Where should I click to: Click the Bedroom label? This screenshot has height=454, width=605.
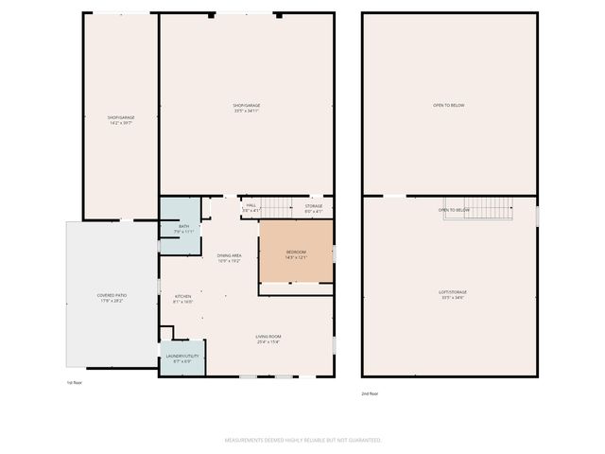point(296,252)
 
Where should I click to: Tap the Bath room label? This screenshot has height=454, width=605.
point(184,227)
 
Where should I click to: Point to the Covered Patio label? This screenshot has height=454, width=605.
point(112,295)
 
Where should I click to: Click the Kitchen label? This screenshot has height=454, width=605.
point(182,297)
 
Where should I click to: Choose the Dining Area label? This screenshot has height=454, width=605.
point(230,255)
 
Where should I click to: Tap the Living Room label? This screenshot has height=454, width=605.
point(268,337)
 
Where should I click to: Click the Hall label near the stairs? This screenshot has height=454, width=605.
point(251,204)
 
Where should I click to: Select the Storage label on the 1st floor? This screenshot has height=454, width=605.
point(314,205)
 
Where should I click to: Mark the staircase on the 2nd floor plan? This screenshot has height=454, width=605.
point(493,208)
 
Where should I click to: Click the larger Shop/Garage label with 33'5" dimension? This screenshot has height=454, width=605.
point(247,105)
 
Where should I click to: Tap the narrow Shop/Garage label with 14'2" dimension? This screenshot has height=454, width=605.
point(121,117)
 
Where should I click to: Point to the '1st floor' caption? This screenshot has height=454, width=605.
point(75,382)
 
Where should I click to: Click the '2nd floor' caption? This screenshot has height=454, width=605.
point(371,393)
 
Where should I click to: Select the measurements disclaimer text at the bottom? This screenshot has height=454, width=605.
point(302,440)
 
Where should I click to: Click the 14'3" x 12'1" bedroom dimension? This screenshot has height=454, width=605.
point(296,257)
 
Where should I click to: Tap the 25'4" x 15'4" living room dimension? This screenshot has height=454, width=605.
point(268,342)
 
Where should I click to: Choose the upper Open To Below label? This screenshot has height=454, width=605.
point(449,105)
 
